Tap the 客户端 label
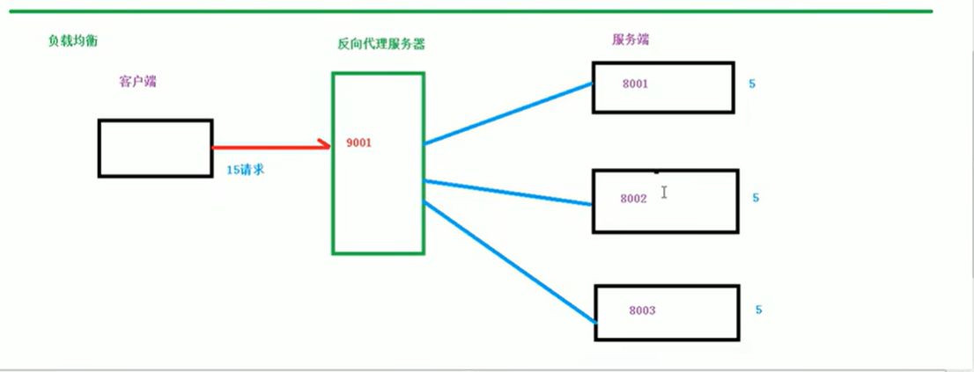(137, 82)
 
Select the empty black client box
(155, 148)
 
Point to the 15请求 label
(246, 170)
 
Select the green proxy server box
(378, 202)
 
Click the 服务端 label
(631, 40)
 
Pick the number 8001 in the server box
(635, 84)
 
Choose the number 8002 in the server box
(633, 199)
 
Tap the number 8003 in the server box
(643, 310)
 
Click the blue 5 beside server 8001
(752, 84)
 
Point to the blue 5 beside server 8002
(756, 198)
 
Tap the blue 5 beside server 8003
(758, 310)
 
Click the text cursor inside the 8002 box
(664, 192)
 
